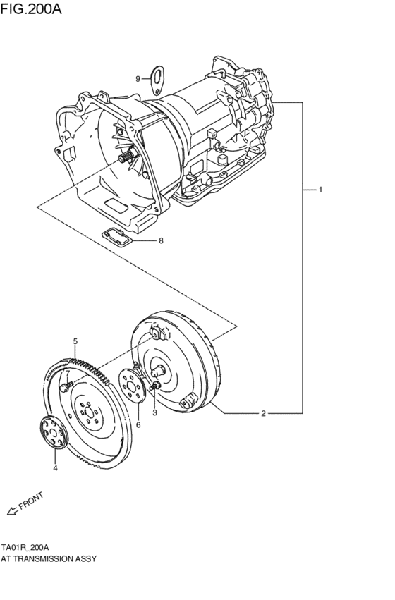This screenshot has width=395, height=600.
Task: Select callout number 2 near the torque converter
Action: [x=263, y=414]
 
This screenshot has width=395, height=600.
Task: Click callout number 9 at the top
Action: [x=138, y=78]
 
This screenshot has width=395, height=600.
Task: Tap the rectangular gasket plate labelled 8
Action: [x=118, y=238]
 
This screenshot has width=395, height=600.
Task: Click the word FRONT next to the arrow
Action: [x=31, y=501]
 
